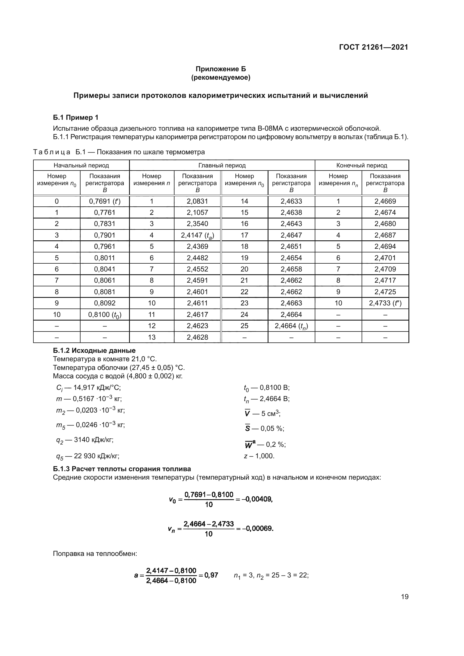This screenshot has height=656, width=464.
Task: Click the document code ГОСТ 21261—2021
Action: (373, 47)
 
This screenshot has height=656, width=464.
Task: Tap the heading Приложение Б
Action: (220, 69)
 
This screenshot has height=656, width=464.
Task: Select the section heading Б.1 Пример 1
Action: (75, 118)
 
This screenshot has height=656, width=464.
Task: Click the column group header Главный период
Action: (222, 165)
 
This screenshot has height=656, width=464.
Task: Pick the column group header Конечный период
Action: (361, 165)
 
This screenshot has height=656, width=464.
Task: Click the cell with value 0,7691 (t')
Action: (105, 201)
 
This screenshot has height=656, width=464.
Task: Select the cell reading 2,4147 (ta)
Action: (197, 235)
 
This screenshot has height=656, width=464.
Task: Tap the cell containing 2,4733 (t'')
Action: (385, 303)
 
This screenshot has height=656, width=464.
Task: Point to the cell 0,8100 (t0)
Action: (105, 315)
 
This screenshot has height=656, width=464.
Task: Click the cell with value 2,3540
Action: (197, 224)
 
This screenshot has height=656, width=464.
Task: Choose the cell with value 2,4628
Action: (197, 337)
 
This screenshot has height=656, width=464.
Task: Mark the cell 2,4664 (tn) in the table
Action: (291, 326)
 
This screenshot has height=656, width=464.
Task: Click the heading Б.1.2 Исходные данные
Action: (94, 351)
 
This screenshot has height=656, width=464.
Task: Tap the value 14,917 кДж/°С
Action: (97, 388)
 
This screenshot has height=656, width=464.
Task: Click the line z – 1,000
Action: (259, 456)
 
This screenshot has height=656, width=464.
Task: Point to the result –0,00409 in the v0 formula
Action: (257, 499)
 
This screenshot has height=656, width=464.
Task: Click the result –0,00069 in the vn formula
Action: (258, 528)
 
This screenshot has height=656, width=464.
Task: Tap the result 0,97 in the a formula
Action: (211, 575)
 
